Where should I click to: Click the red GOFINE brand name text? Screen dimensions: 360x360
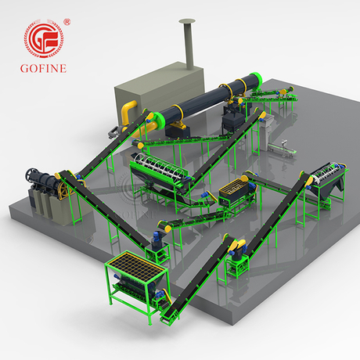pos(43,68)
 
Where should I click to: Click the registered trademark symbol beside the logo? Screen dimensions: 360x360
pos(67,22)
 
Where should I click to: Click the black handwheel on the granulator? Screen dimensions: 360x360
pos(30,174)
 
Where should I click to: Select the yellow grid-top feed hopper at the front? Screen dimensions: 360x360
pos(137,265)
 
